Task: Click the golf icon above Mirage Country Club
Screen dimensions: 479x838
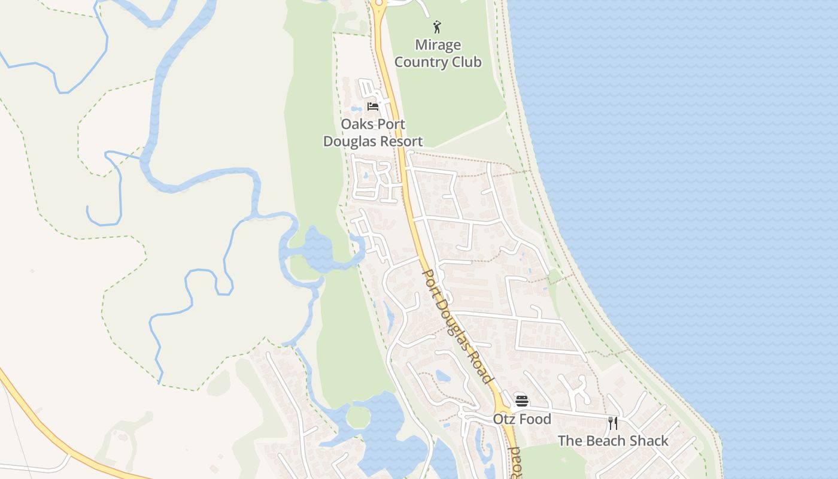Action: (438, 27)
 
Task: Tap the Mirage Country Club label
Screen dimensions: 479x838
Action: (438, 53)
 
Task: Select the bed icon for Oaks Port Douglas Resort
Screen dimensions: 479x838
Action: (374, 107)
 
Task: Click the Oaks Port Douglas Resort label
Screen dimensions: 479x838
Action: (373, 133)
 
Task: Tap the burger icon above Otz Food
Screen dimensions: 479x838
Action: (522, 401)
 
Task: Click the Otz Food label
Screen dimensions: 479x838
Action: (522, 419)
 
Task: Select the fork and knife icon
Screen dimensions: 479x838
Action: (613, 423)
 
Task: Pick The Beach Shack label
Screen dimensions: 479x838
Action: (613, 441)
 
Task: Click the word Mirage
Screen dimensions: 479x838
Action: (438, 45)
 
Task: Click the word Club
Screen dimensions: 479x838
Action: (467, 62)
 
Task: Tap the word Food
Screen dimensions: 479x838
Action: (535, 419)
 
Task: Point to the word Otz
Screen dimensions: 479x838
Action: (505, 419)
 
